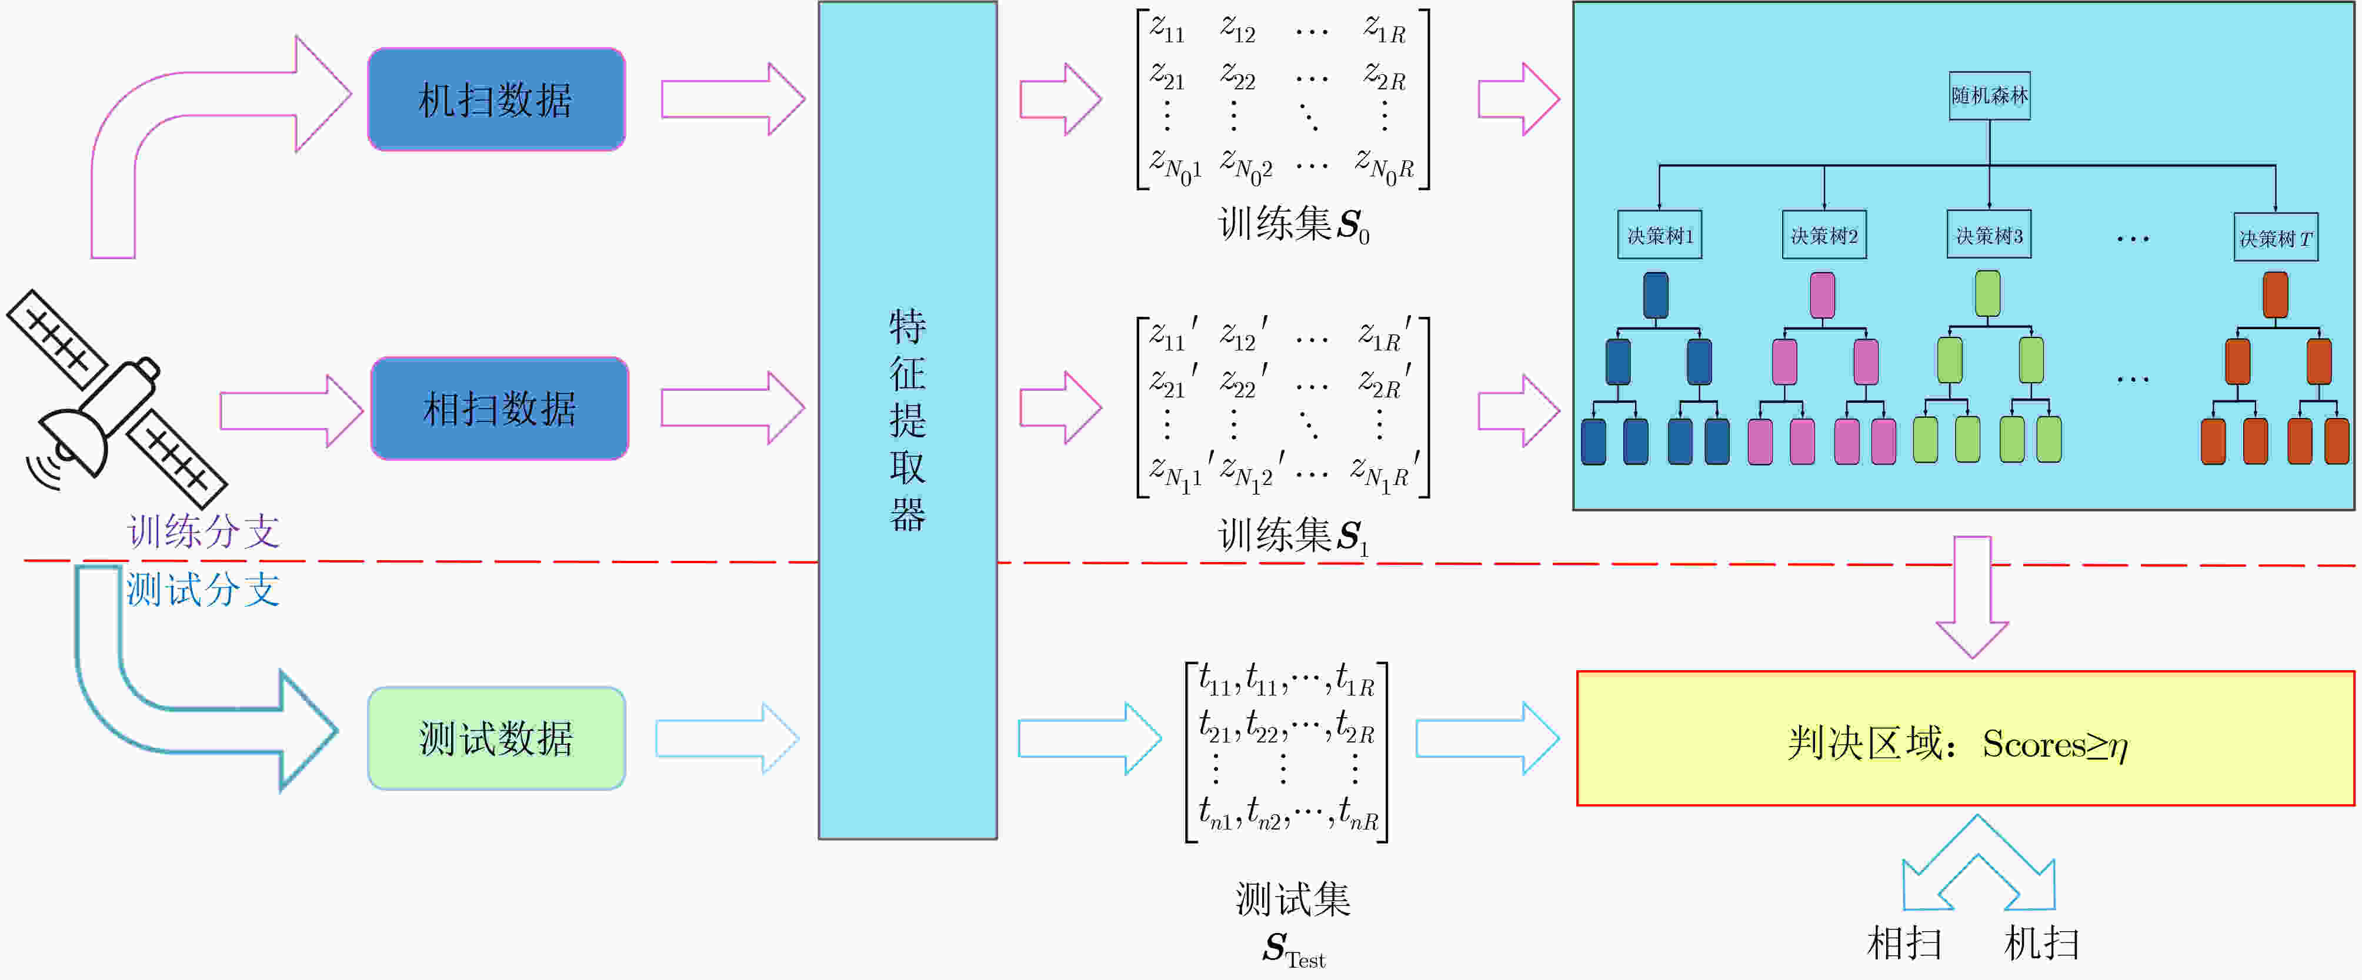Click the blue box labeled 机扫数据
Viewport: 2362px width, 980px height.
coord(496,99)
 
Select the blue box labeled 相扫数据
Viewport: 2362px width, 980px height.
coord(500,408)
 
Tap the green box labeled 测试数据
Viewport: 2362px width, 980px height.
coord(496,738)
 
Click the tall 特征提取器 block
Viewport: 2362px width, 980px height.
coord(907,420)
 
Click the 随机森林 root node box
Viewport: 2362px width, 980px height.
coord(1989,95)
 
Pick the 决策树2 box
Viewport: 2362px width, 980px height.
coord(1824,236)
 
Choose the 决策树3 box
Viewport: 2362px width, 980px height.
coord(1988,236)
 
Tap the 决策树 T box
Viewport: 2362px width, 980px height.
coord(2275,238)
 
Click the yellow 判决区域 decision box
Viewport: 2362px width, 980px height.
coord(1964,739)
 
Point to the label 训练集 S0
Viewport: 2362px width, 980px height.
coord(1293,225)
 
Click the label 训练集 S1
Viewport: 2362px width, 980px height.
coord(1293,536)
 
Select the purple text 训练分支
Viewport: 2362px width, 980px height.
coord(203,531)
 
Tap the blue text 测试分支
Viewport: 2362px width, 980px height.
coord(203,590)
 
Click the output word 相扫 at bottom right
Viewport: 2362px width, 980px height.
coord(1904,942)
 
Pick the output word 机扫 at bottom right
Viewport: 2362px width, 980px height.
coord(2041,942)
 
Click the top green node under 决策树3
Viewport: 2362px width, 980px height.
coord(1987,293)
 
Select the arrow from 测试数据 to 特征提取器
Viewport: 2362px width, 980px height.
coord(727,738)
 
